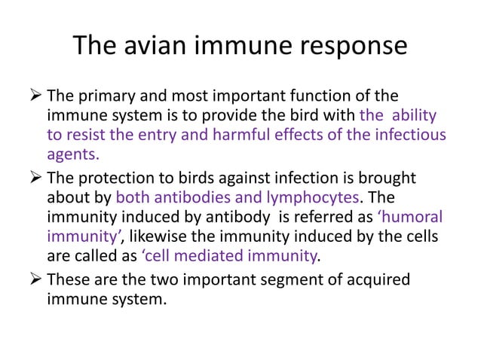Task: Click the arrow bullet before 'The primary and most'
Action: point(34,97)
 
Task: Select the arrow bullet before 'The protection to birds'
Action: point(34,178)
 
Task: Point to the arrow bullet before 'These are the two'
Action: point(34,280)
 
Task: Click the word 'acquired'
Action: point(376,281)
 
